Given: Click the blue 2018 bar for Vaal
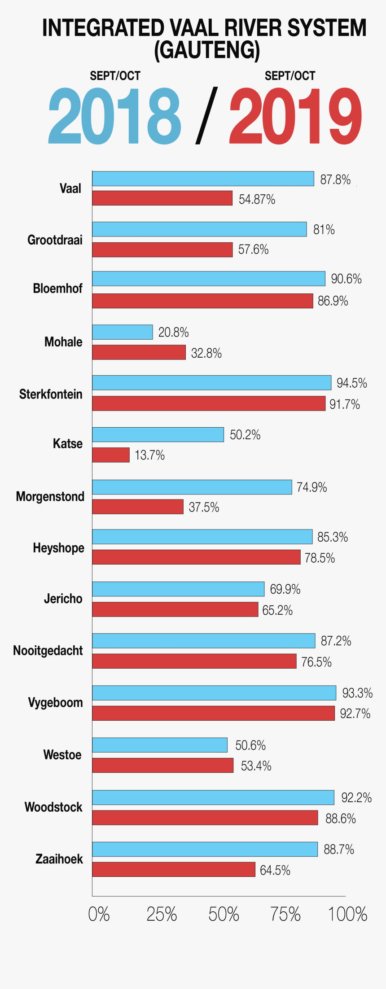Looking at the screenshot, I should click(203, 179).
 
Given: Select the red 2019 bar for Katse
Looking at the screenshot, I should click(111, 455).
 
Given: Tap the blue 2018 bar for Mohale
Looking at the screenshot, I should click(123, 332).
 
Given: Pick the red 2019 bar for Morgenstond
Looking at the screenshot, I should click(138, 507).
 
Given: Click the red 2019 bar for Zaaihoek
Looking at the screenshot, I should click(174, 870).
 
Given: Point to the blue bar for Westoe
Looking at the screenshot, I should click(160, 745).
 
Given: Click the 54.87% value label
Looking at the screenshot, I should click(257, 199).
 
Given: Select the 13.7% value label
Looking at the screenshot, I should click(149, 455).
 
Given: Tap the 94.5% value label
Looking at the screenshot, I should click(352, 383).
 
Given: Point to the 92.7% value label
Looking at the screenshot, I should click(355, 713).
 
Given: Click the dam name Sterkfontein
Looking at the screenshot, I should click(51, 394).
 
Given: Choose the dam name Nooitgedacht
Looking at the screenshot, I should click(48, 651).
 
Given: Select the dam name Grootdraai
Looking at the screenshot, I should click(55, 240).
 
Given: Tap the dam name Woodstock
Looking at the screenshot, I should click(53, 807).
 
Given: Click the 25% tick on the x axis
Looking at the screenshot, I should click(162, 914).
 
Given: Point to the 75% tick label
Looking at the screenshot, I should click(285, 914).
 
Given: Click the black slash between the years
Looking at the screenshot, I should click(206, 116).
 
